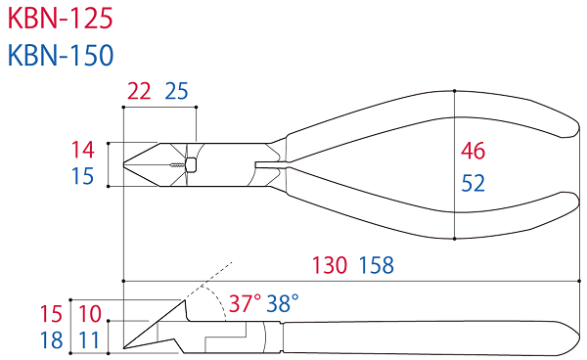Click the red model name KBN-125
tap(60, 19)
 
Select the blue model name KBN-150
tap(61, 56)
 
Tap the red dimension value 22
tap(139, 91)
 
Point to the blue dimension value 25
tap(176, 91)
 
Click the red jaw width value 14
tap(83, 150)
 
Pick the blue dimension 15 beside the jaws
tap(83, 176)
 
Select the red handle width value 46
tap(474, 151)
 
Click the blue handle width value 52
tap(474, 183)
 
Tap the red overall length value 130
tap(330, 265)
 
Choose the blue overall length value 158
tap(377, 265)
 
